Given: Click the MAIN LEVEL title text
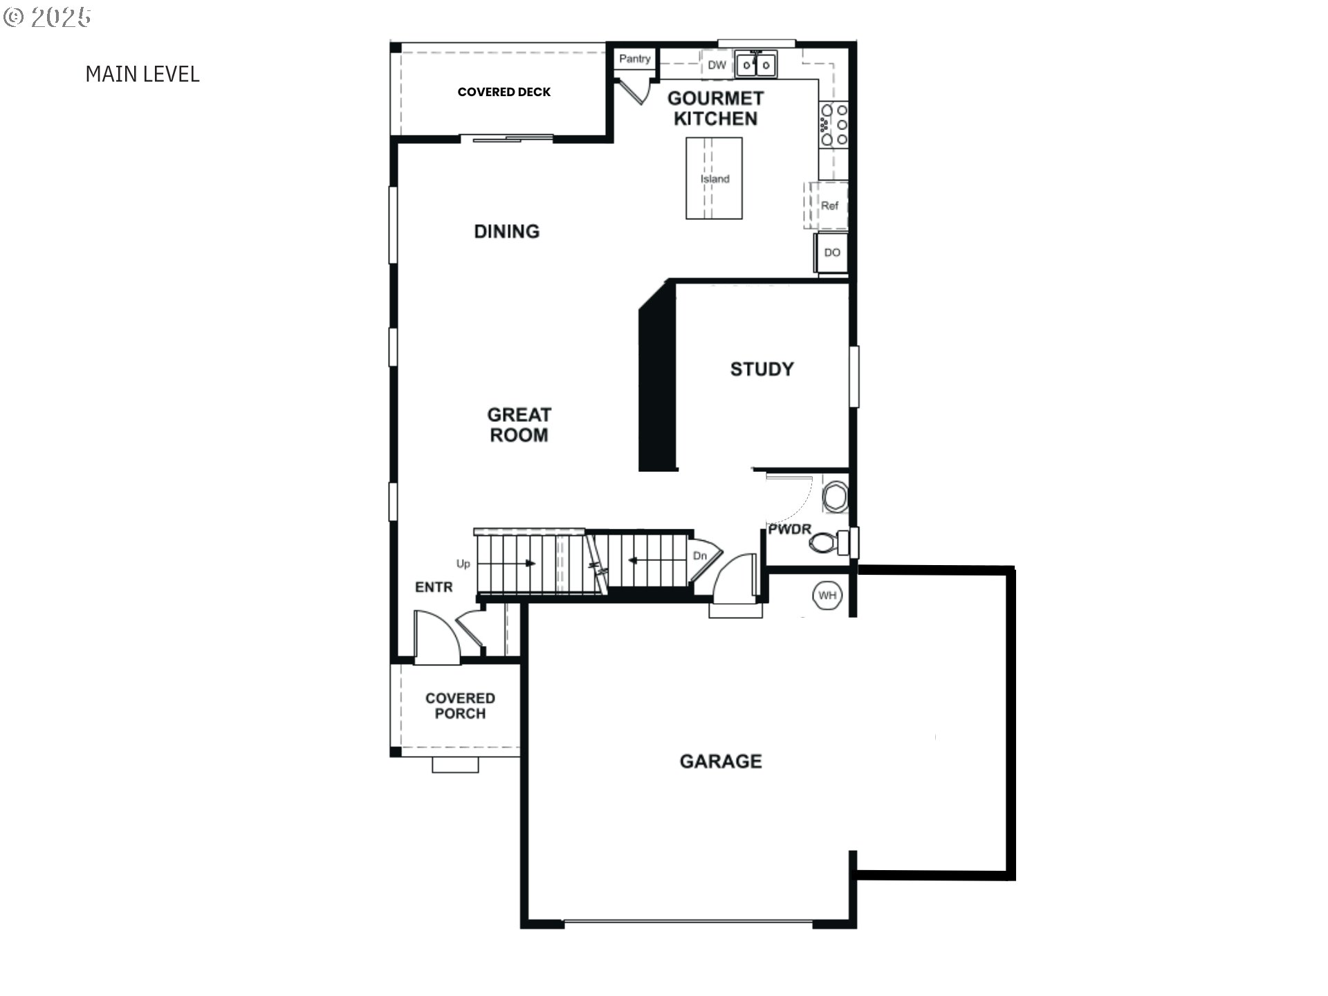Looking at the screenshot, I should (x=142, y=74).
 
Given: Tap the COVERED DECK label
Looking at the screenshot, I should (x=504, y=92).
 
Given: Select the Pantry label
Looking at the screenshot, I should (x=634, y=59).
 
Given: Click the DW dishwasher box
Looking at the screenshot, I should (x=717, y=65).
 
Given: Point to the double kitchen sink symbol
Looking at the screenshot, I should (x=756, y=65).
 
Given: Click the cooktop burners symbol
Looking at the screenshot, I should (x=833, y=124).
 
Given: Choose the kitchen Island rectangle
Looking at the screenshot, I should (x=714, y=178).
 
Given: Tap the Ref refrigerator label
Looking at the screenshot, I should (x=829, y=205).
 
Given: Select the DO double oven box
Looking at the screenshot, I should (x=832, y=253).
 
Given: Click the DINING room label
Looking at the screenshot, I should (x=507, y=232).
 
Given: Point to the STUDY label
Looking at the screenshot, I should (x=762, y=369).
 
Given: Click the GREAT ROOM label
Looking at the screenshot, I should (x=519, y=425).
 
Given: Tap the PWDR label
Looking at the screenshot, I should (x=790, y=529).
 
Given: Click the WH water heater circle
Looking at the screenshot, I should (x=827, y=596).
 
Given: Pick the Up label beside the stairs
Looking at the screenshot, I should (x=463, y=564).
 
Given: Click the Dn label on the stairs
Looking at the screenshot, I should (x=700, y=555).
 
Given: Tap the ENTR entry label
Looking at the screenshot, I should (x=434, y=587).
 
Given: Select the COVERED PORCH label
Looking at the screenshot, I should (x=460, y=706).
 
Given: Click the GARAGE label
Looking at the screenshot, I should (x=721, y=762).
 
